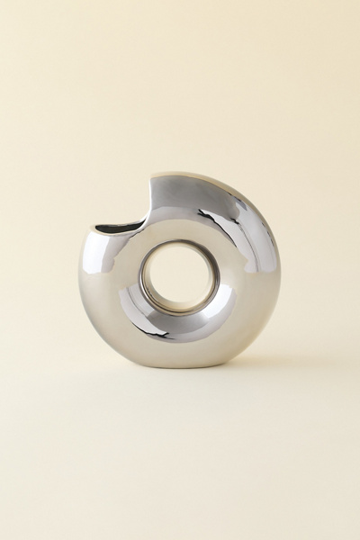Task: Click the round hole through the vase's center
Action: [177, 277]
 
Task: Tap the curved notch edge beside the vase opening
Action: [148, 202]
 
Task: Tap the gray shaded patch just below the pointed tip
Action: [166, 193]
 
